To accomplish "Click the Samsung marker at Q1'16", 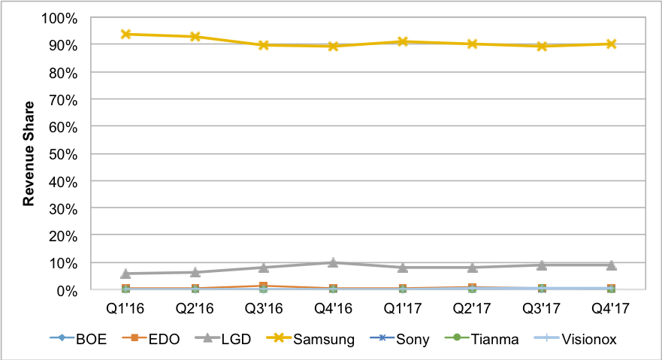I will click(x=126, y=35).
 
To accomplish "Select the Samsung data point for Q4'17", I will click(x=611, y=44).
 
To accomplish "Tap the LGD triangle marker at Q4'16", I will click(x=334, y=262).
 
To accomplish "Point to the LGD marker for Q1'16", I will click(x=126, y=274).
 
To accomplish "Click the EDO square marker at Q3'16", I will click(x=264, y=286).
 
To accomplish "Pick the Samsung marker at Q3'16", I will click(x=264, y=45).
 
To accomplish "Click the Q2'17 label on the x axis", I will click(x=472, y=308).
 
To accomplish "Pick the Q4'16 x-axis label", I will click(x=334, y=308).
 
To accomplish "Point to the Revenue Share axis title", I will click(x=29, y=153).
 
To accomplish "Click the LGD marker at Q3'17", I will click(x=542, y=265).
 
